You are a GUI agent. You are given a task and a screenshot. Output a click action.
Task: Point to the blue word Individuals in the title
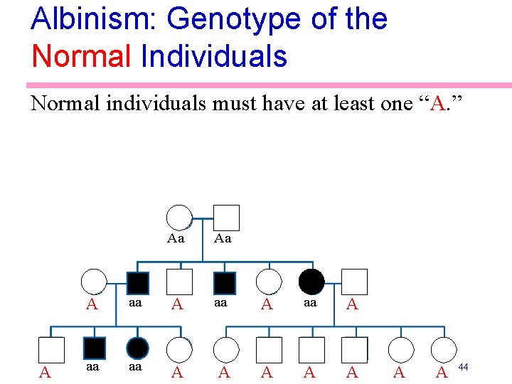point(214,55)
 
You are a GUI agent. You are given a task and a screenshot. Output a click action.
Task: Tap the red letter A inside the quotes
point(439,105)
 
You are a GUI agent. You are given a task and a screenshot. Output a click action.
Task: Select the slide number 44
point(463,366)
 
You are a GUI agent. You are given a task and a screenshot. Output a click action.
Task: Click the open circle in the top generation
point(178,218)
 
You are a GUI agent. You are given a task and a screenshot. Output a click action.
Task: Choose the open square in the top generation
point(226,218)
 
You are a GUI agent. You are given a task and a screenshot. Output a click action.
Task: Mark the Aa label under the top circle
point(176,239)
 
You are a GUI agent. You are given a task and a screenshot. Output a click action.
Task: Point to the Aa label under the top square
point(223,239)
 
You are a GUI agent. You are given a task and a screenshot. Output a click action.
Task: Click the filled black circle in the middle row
point(311,282)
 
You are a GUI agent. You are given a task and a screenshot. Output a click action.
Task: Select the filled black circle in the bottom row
point(137,348)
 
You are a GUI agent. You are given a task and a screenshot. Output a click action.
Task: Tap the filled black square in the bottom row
point(95,348)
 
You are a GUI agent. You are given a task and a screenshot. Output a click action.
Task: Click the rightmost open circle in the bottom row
point(442,349)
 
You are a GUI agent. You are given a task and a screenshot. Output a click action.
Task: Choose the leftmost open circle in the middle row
point(94,282)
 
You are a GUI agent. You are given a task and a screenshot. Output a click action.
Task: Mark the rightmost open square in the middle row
point(354,282)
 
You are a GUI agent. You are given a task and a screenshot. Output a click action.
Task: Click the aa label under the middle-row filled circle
point(310,302)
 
